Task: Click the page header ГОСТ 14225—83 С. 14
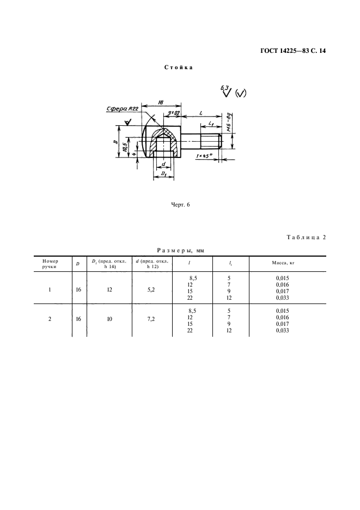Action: point(293,51)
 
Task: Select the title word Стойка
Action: point(179,68)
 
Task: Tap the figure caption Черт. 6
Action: point(180,204)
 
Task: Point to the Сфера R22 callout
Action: point(123,109)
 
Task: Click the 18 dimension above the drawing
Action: point(161,102)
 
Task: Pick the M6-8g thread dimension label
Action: point(229,123)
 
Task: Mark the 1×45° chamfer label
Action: point(204,156)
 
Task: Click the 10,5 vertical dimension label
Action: point(125,148)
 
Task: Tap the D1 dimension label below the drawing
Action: point(163,175)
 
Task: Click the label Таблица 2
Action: point(306,237)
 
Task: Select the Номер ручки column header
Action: point(50,264)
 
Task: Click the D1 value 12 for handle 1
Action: point(109,289)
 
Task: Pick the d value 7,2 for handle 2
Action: point(151,319)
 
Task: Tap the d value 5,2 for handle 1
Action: point(151,289)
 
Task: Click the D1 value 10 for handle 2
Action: point(109,319)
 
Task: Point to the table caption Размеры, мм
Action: point(180,251)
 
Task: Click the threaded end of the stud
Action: point(211,141)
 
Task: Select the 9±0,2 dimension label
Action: point(174,113)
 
